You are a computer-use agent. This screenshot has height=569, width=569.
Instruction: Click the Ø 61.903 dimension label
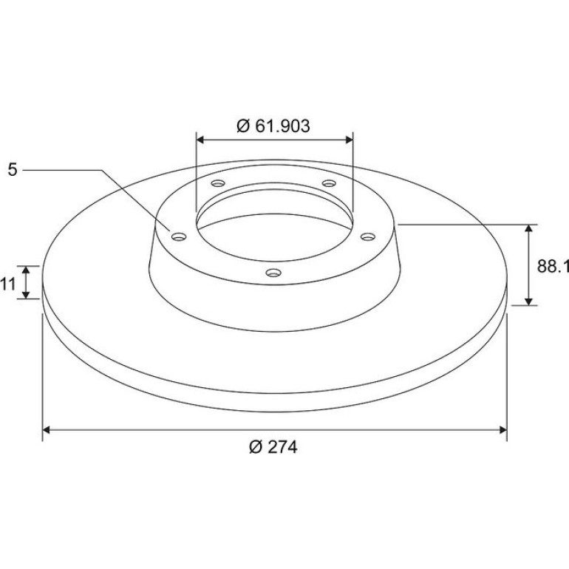coord(273,126)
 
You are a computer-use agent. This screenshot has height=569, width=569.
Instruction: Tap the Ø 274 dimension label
coord(273,447)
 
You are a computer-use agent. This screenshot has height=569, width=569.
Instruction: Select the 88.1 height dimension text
coord(553,266)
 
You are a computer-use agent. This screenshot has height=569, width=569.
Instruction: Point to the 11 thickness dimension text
coord(8,284)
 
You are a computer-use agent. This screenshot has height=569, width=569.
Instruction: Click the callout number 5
coord(13,169)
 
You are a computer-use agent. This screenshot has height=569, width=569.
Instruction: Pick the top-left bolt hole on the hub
coord(218,183)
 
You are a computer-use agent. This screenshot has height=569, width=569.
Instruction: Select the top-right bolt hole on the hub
coord(329,183)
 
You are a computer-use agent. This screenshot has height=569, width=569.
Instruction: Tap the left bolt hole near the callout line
coord(179,237)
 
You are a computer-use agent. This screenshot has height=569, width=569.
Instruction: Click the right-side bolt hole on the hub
coord(367,237)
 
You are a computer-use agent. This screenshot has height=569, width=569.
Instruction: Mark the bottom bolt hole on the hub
coord(273,272)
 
